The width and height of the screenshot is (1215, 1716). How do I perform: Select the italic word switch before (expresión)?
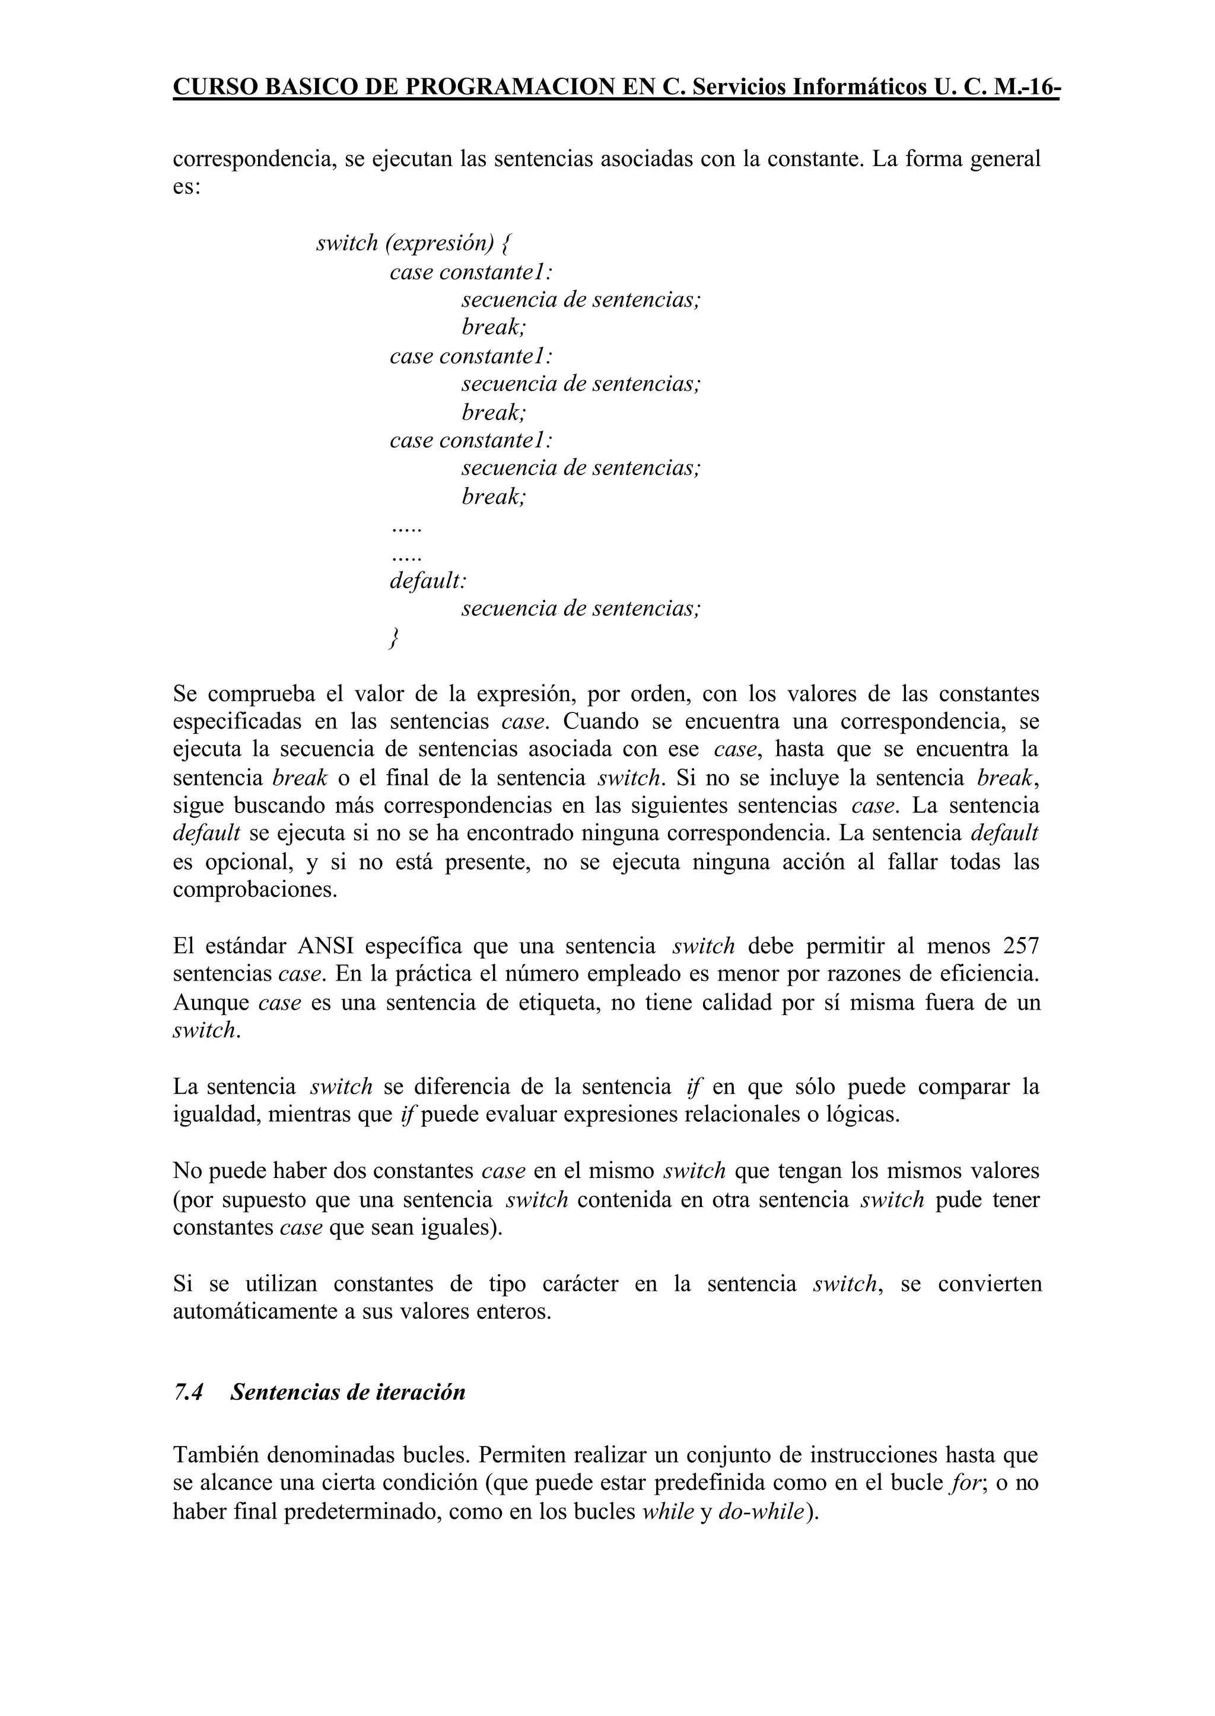347,243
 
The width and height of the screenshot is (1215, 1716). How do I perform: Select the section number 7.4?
189,1392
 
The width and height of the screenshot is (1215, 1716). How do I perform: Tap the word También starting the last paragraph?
215,1455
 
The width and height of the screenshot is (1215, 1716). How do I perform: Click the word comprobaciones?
255,890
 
